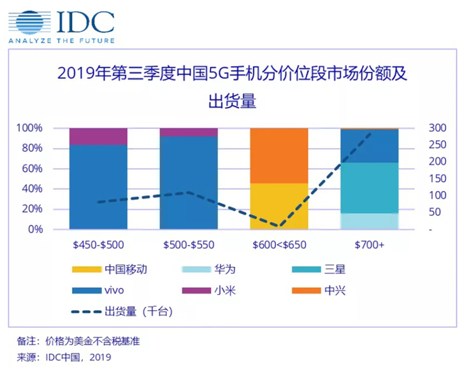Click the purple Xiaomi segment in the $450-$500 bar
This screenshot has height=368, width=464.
tap(98, 136)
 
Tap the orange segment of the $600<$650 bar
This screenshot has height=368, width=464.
tap(279, 155)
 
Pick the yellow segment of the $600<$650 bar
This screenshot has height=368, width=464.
tap(279, 206)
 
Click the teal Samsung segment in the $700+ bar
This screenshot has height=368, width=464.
tap(370, 188)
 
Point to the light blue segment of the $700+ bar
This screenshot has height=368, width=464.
tap(370, 221)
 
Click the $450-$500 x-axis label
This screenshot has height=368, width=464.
tap(98, 244)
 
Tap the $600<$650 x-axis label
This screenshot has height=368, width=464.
tap(279, 244)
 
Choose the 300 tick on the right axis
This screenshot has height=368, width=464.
tap(437, 128)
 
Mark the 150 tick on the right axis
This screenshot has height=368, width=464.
tap(437, 178)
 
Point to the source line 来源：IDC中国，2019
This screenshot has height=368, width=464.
tap(64, 357)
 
